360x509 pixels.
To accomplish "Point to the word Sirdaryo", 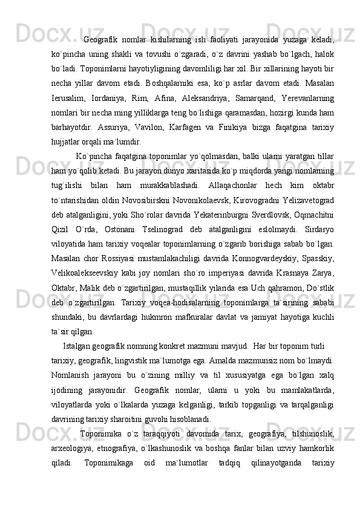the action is tap(319, 230).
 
